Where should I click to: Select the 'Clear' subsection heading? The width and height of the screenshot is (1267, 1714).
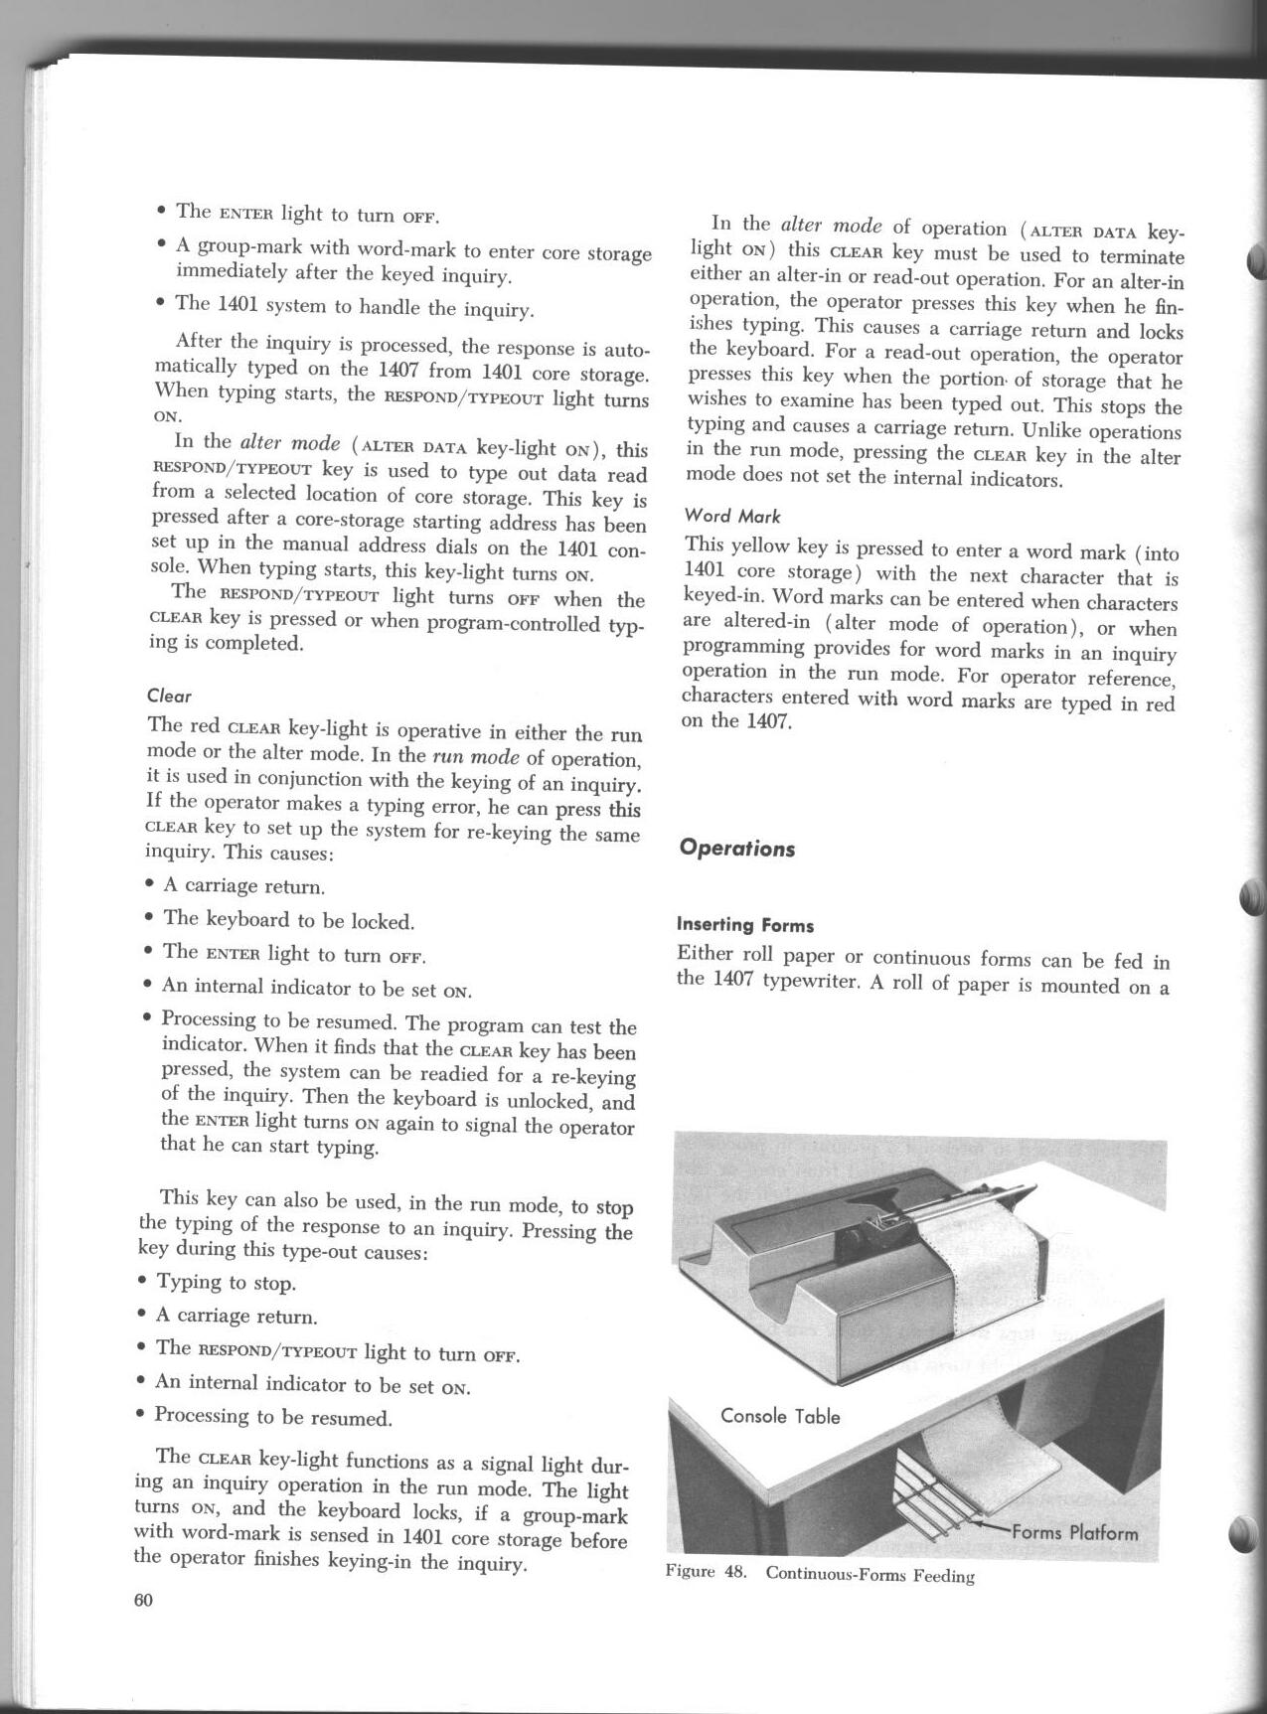pyautogui.click(x=169, y=696)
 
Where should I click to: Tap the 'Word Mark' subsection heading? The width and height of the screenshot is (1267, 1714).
pyautogui.click(x=732, y=516)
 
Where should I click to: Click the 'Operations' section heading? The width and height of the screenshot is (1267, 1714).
pyautogui.click(x=736, y=849)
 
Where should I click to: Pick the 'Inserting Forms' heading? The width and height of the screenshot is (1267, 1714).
pyautogui.click(x=744, y=925)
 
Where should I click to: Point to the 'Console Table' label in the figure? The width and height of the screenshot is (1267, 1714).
pyautogui.click(x=780, y=1415)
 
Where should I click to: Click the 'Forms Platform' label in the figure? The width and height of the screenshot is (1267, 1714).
pyautogui.click(x=1074, y=1531)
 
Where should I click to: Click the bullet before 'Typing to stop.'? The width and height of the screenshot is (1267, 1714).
pyautogui.click(x=145, y=1281)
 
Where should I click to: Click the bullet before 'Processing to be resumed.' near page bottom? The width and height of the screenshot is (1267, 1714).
pyautogui.click(x=145, y=1414)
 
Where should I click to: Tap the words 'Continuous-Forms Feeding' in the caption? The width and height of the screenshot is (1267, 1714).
pyautogui.click(x=870, y=1575)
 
